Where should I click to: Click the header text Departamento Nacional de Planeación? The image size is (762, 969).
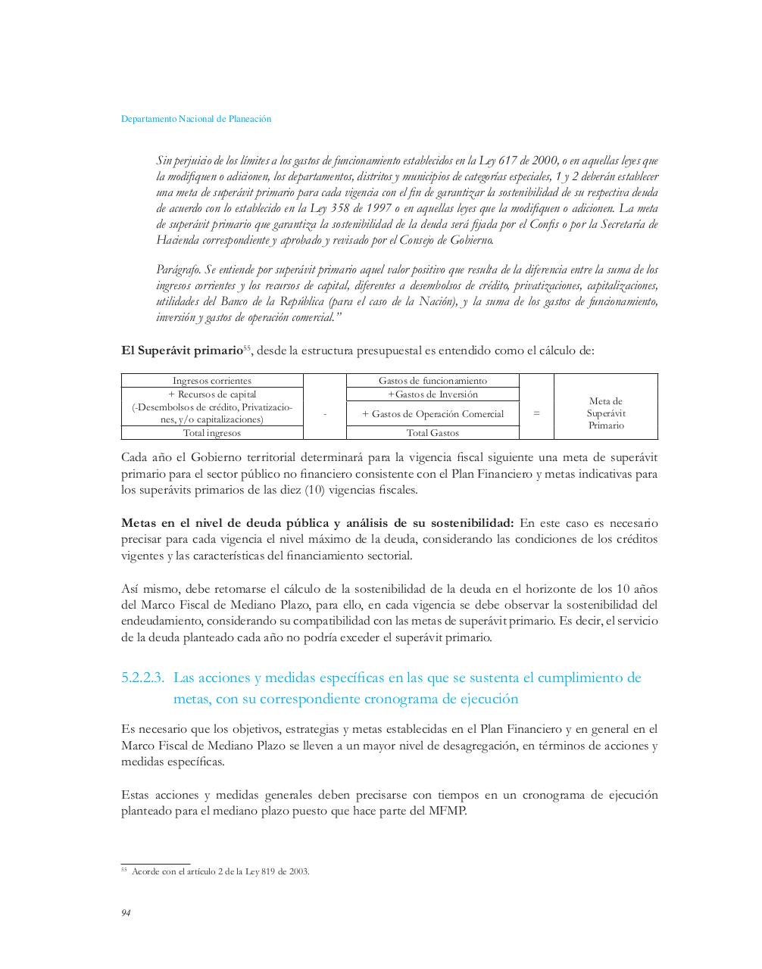pos(196,119)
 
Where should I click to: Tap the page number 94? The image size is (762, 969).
pos(126,913)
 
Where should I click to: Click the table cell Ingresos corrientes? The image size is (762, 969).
pos(212,381)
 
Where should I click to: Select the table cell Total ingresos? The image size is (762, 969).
pos(212,433)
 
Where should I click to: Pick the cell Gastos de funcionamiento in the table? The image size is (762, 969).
pos(433,381)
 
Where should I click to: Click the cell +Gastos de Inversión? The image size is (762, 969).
pos(433,394)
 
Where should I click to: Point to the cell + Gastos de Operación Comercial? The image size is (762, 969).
pos(433,414)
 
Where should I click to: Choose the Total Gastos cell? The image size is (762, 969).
pos(433,433)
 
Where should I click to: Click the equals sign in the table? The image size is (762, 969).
pos(536,413)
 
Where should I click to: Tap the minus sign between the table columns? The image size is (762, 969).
pos(324,414)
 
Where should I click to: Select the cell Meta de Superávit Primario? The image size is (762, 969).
pos(606,413)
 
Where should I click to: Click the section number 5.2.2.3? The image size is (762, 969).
pos(142,678)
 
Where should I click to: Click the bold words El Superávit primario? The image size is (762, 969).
pos(181,351)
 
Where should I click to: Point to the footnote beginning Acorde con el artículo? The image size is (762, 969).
pos(220,871)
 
